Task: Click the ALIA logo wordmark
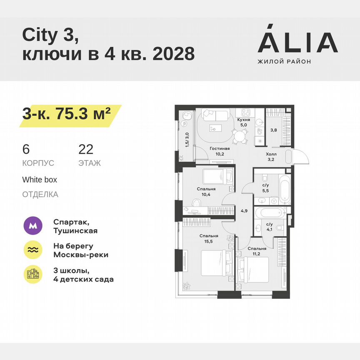[x=297, y=42]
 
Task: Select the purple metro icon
[x=34, y=226]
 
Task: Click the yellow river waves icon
[x=34, y=250]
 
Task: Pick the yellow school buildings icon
[x=34, y=274]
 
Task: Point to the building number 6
[x=26, y=150]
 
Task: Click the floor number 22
[x=86, y=150]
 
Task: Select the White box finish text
[x=40, y=180]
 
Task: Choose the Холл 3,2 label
[x=271, y=156]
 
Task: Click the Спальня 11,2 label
[x=256, y=251]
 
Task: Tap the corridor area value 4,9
[x=244, y=210]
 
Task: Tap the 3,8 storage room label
[x=273, y=130]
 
